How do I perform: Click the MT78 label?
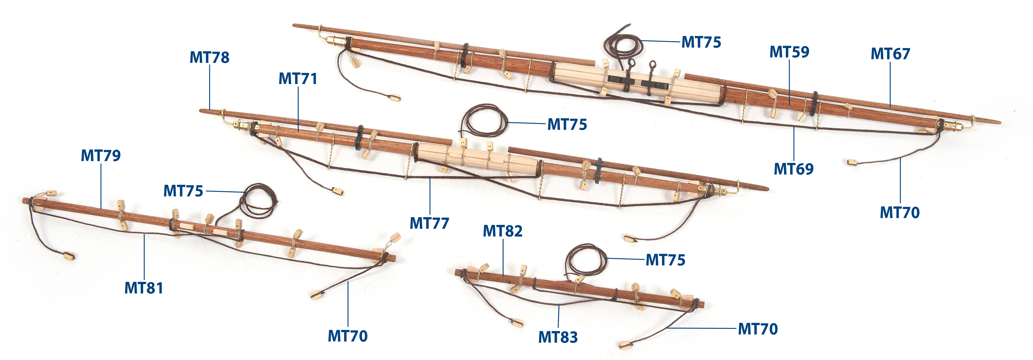click(209, 57)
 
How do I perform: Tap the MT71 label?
click(298, 79)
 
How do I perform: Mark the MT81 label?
click(144, 288)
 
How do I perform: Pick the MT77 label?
click(429, 223)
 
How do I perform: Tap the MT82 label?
click(502, 231)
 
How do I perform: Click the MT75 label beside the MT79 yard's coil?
click(183, 191)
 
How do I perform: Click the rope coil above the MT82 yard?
click(587, 260)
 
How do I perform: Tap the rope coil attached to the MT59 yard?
click(623, 46)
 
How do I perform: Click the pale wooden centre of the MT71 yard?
click(477, 157)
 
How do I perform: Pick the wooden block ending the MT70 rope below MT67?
click(852, 162)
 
